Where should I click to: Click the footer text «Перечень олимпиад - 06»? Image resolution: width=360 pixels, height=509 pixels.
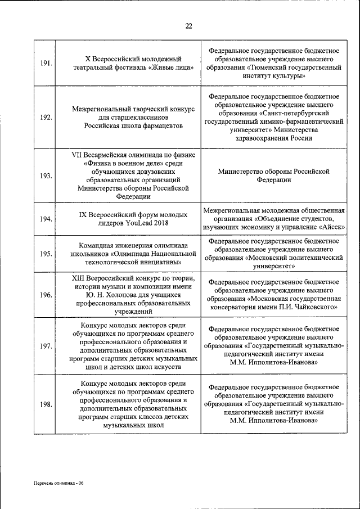tap(57, 483)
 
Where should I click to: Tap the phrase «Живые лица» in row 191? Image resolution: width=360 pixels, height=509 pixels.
tap(172, 67)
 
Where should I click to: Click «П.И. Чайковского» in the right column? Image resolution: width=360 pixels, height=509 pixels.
tap(306, 308)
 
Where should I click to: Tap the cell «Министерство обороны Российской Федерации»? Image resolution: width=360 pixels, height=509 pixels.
tap(274, 175)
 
